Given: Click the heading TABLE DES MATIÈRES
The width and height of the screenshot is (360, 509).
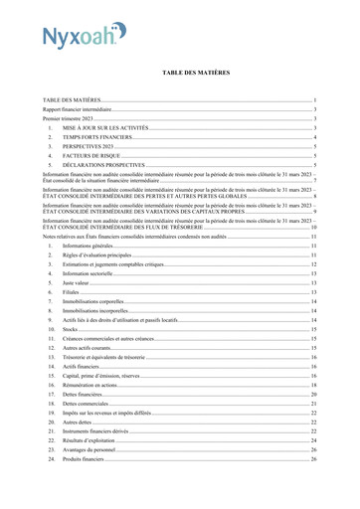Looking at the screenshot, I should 180,74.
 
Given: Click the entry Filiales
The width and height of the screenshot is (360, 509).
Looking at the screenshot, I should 71,292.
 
